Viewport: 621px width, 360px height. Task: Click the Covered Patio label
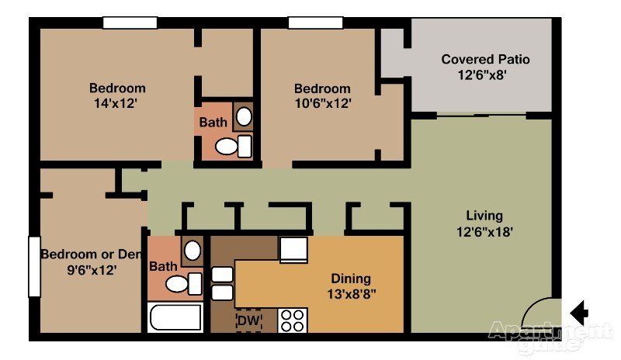[x=485, y=60]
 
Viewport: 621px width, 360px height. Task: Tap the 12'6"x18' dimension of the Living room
[x=484, y=232]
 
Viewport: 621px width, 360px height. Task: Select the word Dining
[x=351, y=279]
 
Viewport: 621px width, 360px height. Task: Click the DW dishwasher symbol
[x=249, y=320]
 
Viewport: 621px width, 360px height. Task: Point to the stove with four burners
[x=293, y=320]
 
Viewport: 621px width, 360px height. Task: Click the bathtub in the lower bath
[x=175, y=317]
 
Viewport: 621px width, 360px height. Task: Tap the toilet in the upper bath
[x=234, y=146]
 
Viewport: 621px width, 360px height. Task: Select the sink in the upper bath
[x=244, y=116]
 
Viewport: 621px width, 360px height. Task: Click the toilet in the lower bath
[x=184, y=283]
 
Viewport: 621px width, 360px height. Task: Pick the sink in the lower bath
[x=193, y=251]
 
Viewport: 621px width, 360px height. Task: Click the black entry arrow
[x=579, y=313]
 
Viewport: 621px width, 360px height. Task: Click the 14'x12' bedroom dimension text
[x=116, y=104]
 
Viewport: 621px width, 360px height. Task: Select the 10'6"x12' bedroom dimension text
[x=323, y=104]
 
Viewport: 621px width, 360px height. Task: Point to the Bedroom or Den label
[x=91, y=254]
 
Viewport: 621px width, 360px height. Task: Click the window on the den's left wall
[x=34, y=267]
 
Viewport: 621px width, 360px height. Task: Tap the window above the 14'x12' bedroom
[x=130, y=22]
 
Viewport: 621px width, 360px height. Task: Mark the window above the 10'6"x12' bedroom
[x=315, y=22]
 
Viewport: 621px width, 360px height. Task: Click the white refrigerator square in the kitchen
[x=293, y=250]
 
